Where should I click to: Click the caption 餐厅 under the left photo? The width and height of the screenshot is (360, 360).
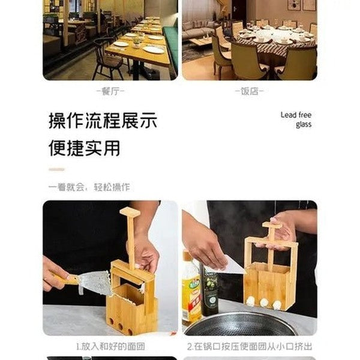[110, 91]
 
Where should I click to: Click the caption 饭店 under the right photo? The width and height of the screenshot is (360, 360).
[249, 91]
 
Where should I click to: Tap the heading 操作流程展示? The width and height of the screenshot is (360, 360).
[103, 121]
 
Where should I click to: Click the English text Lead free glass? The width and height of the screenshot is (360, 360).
[296, 119]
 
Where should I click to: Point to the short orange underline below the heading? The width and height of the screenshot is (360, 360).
[56, 169]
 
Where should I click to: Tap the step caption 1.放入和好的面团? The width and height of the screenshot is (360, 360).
[110, 346]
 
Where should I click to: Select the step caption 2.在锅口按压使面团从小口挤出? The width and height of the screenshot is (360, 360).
[249, 346]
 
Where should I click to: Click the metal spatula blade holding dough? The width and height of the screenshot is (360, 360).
[95, 283]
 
